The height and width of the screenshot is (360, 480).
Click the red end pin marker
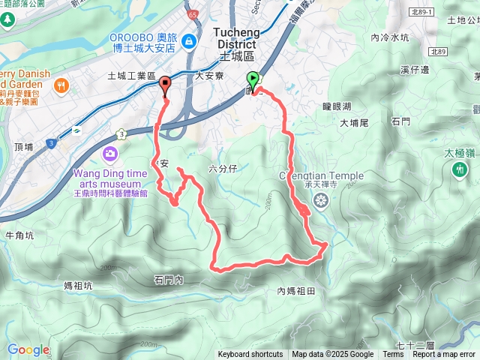165,85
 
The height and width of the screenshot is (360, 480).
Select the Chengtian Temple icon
322,200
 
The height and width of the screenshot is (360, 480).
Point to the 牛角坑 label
19,235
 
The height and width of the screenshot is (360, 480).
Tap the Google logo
28,349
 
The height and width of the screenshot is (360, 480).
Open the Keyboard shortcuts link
250,355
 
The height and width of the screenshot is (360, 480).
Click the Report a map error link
444,355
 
